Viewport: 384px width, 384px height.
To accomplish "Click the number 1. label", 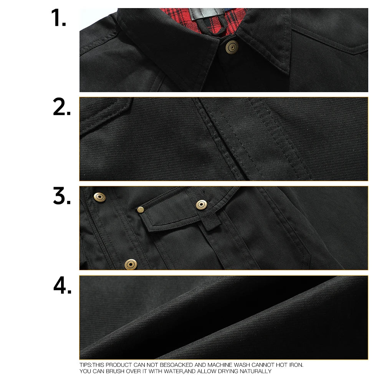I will pyautogui.click(x=59, y=18).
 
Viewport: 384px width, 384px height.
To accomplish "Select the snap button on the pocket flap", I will pyautogui.click(x=201, y=204).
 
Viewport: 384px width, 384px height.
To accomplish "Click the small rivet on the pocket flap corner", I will pyautogui.click(x=141, y=209).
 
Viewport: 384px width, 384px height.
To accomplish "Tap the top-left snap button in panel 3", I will pyautogui.click(x=100, y=197).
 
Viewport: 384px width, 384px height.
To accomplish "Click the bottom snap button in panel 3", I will pyautogui.click(x=131, y=264).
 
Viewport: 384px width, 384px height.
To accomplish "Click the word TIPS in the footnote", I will pyautogui.click(x=85, y=365).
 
